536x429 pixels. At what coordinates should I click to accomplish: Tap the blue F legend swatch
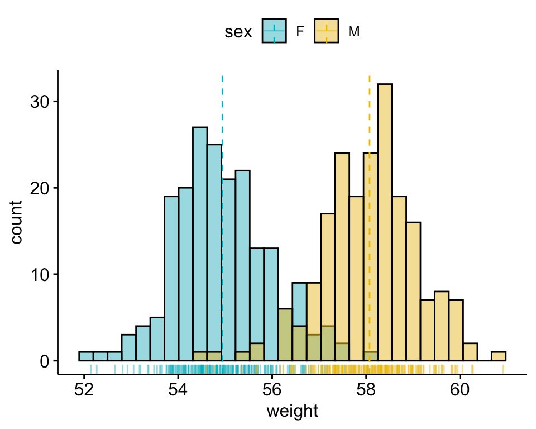tap(274, 32)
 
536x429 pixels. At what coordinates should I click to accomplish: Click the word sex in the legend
tap(238, 32)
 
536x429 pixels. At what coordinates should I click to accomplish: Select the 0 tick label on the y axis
tap(45, 361)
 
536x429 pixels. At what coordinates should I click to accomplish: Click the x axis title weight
tap(292, 412)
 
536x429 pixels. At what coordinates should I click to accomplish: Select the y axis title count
tap(17, 222)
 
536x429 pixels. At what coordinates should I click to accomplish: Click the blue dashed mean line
tap(222, 112)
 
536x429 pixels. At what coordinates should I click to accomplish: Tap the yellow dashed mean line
tap(370, 112)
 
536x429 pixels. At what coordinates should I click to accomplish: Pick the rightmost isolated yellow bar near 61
tap(499, 356)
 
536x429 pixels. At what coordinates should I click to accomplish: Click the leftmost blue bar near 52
tap(86, 356)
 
